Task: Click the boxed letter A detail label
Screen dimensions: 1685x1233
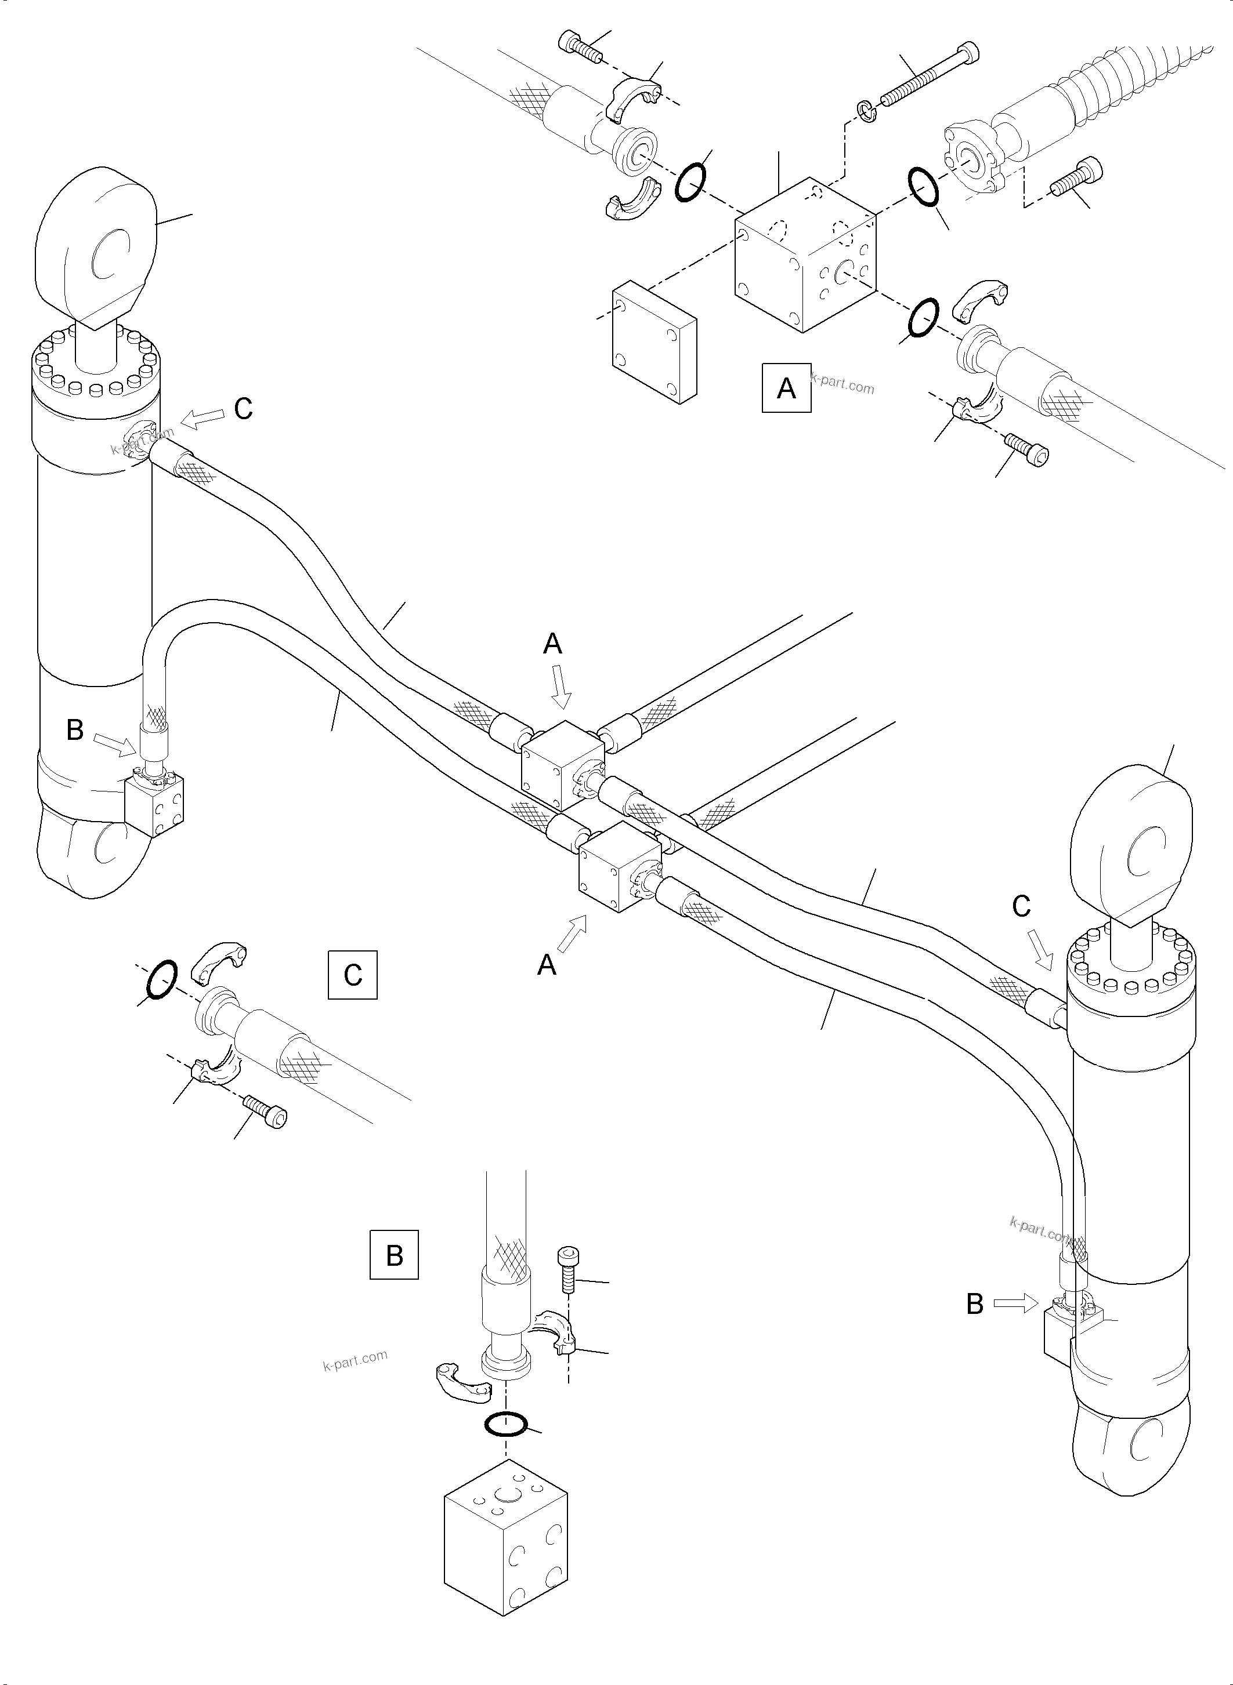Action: (786, 388)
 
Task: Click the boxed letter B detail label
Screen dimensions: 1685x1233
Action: (394, 1255)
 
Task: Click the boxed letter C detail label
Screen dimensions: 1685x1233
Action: (352, 974)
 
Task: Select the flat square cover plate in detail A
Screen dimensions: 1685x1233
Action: (655, 342)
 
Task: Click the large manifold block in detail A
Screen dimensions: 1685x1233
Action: (806, 253)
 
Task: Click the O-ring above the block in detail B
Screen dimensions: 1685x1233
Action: (505, 1424)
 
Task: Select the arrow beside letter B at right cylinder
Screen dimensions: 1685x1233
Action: (1016, 1303)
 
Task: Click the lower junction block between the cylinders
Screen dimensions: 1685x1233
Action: (620, 867)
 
